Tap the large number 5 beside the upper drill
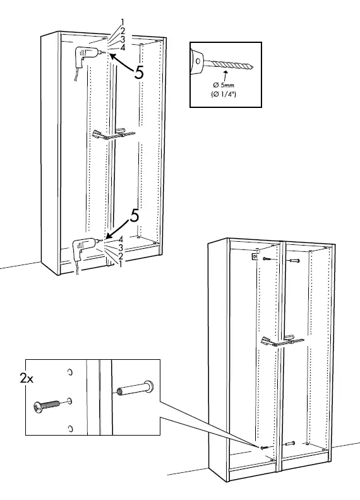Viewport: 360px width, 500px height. [x=140, y=72]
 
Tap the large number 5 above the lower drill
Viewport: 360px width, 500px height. [x=134, y=215]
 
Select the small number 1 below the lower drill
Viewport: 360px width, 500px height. [x=120, y=264]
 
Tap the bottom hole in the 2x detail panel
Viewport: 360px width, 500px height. [x=71, y=429]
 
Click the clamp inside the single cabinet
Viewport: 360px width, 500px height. [x=114, y=134]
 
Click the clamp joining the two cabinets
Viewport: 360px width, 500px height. [x=282, y=341]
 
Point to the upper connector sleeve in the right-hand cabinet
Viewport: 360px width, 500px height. [x=294, y=259]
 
